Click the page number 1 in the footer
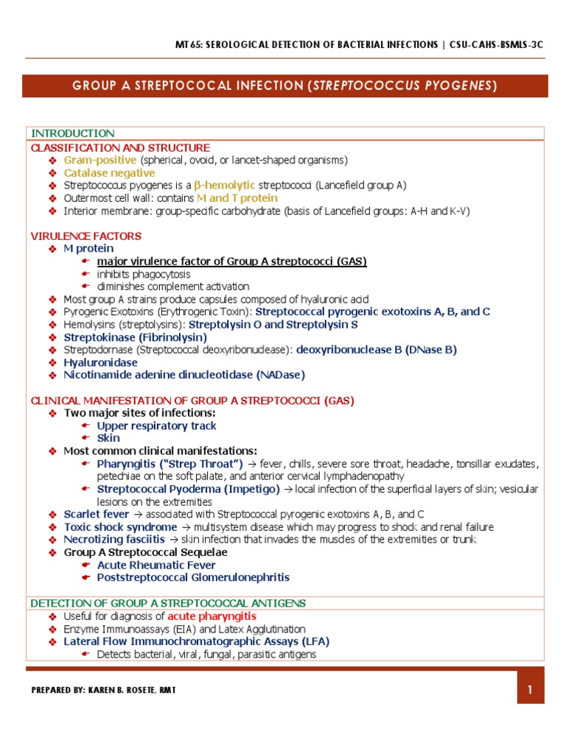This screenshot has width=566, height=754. click(x=529, y=690)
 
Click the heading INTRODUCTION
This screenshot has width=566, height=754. click(x=72, y=133)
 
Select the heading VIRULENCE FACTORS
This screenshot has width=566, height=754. click(x=85, y=236)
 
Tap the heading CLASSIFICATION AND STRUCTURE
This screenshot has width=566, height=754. click(x=120, y=148)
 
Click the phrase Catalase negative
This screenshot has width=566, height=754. click(x=109, y=173)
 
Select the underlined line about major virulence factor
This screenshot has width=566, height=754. click(x=231, y=261)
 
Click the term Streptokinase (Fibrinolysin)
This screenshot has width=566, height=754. click(x=136, y=337)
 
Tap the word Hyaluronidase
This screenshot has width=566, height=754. click(x=100, y=363)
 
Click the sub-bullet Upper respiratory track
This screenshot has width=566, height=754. click(x=156, y=426)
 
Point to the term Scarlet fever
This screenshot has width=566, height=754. click(x=97, y=515)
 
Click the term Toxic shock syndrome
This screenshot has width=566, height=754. click(x=120, y=527)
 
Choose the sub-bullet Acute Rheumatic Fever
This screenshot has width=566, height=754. click(x=156, y=565)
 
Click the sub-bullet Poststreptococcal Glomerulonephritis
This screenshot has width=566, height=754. click(x=193, y=578)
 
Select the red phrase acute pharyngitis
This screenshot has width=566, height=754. click(x=212, y=616)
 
